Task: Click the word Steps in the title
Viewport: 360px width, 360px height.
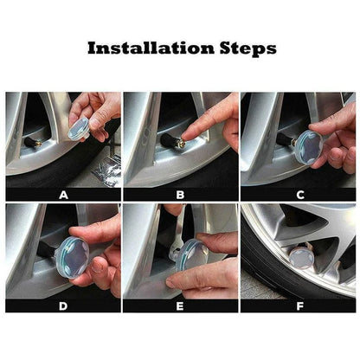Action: coord(245,48)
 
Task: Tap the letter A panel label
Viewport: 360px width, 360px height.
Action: coord(62,195)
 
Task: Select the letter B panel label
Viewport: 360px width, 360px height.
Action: coord(180,195)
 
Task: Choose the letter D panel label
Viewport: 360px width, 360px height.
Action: coord(62,305)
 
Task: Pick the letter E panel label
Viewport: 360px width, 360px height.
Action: coord(180,305)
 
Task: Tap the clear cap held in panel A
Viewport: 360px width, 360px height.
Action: coord(79,128)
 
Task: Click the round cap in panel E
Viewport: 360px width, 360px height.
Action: coord(190,257)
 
